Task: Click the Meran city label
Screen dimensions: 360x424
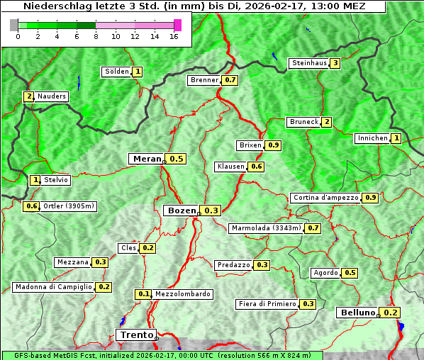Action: pyautogui.click(x=147, y=159)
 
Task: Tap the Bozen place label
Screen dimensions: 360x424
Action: pyautogui.click(x=180, y=210)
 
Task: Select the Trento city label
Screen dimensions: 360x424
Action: pyautogui.click(x=135, y=334)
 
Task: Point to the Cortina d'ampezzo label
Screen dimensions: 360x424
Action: pyautogui.click(x=325, y=198)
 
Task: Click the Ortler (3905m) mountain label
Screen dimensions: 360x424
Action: pyautogui.click(x=69, y=206)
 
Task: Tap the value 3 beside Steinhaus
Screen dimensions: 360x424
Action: pyautogui.click(x=335, y=63)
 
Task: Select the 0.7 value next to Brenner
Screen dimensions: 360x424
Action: pyautogui.click(x=230, y=80)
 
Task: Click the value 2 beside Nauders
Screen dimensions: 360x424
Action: pyautogui.click(x=28, y=96)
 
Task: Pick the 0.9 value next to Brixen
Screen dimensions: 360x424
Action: pyautogui.click(x=274, y=145)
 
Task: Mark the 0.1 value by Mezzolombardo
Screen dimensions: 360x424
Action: pyautogui.click(x=143, y=294)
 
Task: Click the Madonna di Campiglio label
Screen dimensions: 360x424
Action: pyautogui.click(x=53, y=287)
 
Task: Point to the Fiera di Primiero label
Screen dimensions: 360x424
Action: pyautogui.click(x=267, y=304)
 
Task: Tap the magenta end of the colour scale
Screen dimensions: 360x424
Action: pyautogui.click(x=177, y=25)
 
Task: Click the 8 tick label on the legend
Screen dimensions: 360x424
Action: pyautogui.click(x=96, y=36)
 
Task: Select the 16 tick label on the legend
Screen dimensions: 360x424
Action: pyautogui.click(x=174, y=36)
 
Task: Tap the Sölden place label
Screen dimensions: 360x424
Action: pyautogui.click(x=116, y=72)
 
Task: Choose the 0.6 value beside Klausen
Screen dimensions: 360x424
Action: pyautogui.click(x=257, y=167)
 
